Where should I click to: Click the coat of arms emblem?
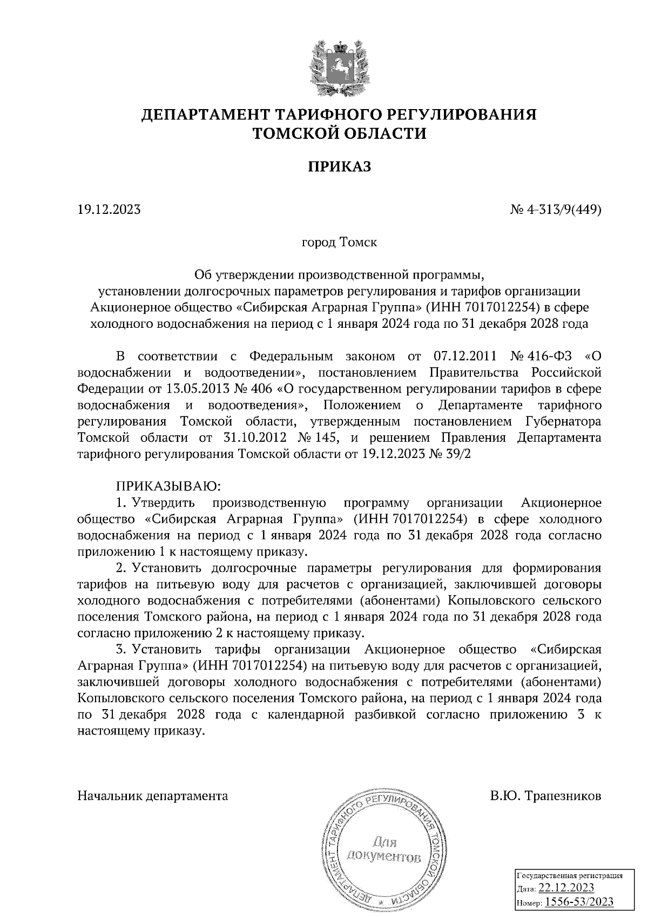pyautogui.click(x=339, y=66)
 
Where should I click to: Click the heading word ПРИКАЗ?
pyautogui.click(x=340, y=167)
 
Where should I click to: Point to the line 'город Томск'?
pyautogui.click(x=339, y=242)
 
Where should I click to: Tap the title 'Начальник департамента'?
pyautogui.click(x=153, y=796)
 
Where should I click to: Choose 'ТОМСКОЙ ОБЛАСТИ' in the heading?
pyautogui.click(x=340, y=133)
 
